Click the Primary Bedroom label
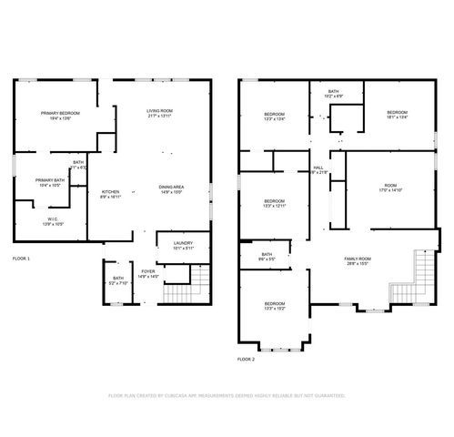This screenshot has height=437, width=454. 60,116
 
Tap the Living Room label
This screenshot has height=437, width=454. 159,114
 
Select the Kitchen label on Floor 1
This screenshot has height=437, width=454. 110,194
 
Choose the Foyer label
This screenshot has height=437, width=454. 146,273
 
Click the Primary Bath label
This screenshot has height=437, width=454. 50,183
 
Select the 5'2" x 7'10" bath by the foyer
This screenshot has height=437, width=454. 118,280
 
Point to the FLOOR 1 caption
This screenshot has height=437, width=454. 21,259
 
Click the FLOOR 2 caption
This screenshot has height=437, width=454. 247,360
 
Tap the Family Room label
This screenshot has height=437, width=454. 357,261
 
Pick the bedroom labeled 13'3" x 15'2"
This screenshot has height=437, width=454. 275,306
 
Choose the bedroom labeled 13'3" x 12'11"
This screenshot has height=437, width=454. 275,204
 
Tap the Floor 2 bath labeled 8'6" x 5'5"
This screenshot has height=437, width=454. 267,257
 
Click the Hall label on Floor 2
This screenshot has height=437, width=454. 318,170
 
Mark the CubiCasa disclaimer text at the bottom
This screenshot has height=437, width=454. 227,397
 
